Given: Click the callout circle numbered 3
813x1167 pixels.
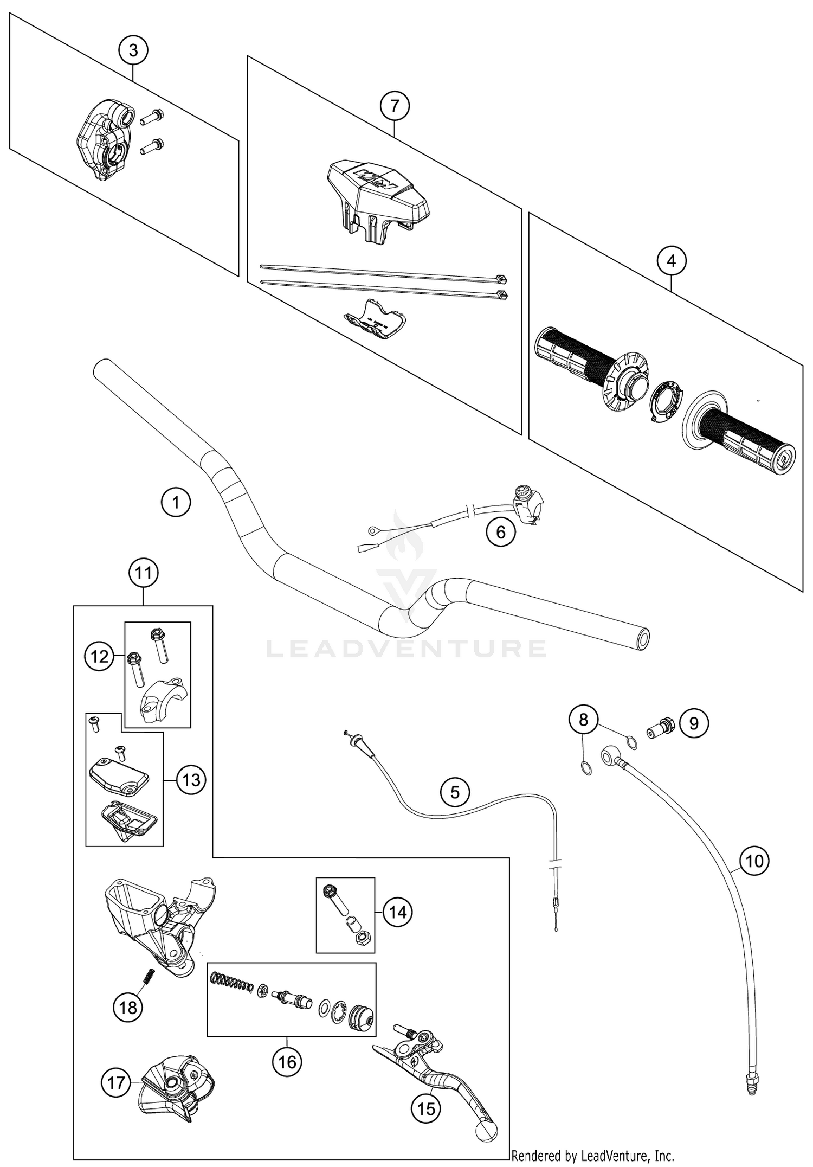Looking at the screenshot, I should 133,50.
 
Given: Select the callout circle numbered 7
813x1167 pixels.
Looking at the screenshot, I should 394,106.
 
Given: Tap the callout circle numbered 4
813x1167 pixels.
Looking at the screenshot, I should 671,261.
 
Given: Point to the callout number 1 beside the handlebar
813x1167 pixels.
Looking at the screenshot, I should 176,502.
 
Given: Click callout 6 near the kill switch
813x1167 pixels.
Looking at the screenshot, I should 500,532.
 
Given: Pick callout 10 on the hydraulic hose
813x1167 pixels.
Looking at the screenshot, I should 754,861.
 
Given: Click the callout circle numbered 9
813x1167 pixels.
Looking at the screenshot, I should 693,723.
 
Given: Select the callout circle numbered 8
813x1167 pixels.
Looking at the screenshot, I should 583,720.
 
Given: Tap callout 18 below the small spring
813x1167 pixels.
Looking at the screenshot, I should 128,1008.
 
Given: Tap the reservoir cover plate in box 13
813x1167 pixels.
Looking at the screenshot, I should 118,771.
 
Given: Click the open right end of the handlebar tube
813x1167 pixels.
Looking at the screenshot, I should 642,639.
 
